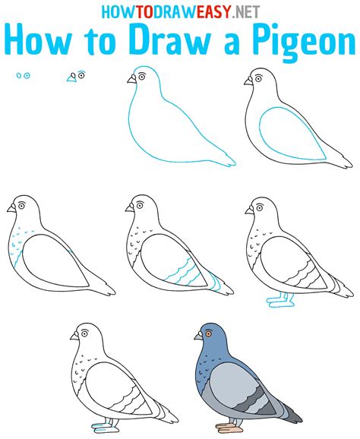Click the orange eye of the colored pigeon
pos(207,333)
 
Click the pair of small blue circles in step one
pos(24,76)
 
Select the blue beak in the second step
pos(71,77)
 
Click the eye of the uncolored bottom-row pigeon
pos(84,333)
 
